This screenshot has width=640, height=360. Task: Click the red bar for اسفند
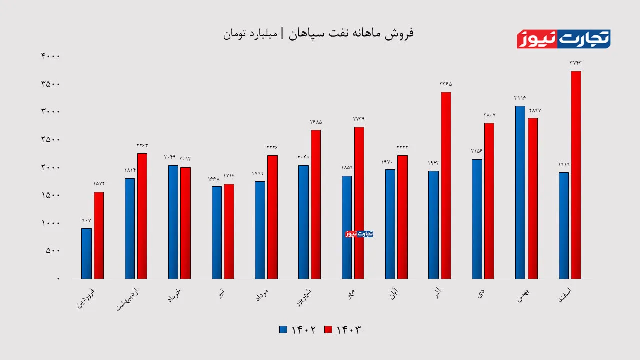(576, 175)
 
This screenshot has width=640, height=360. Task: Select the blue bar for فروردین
(86, 253)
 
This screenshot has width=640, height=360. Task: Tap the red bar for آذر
(446, 185)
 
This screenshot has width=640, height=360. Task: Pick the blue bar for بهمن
(520, 192)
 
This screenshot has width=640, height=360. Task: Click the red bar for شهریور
(316, 204)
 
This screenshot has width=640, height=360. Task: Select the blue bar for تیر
(216, 232)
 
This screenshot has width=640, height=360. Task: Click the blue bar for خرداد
(173, 222)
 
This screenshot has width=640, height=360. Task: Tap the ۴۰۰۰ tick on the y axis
(50, 56)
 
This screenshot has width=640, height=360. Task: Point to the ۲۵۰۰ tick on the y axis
(50, 139)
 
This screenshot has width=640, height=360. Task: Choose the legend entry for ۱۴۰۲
(298, 330)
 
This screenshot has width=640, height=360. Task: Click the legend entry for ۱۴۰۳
(342, 330)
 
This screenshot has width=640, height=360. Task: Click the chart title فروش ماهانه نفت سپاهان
(318, 34)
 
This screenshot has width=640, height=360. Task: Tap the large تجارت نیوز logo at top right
(563, 39)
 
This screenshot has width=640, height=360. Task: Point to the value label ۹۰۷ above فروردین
(86, 220)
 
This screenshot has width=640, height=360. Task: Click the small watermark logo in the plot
(359, 234)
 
